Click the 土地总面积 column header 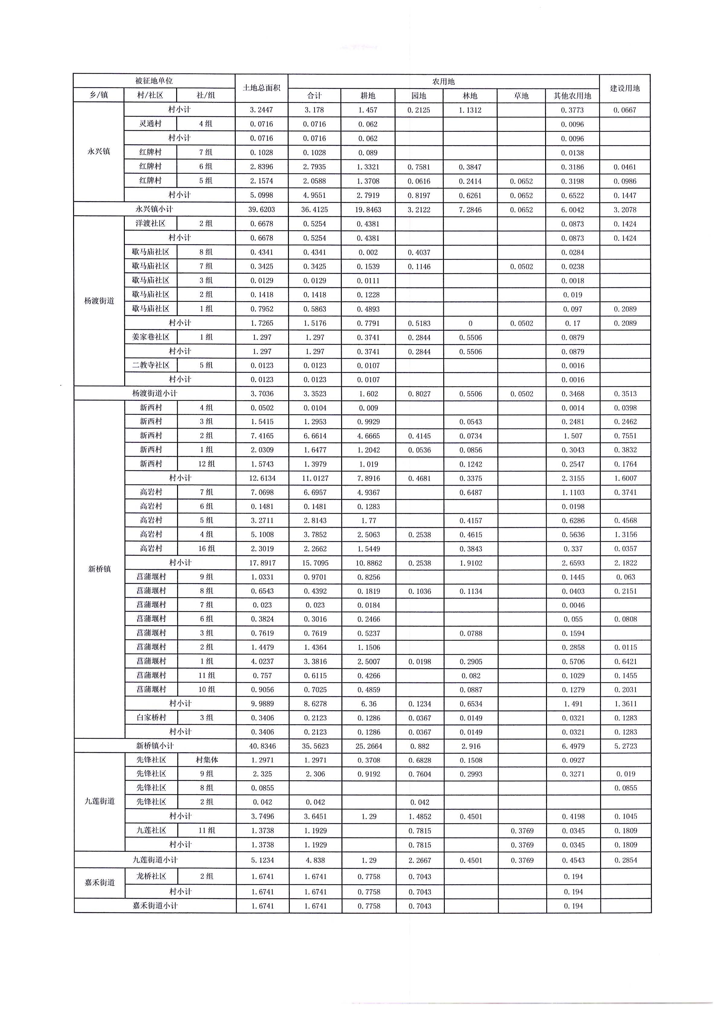261,88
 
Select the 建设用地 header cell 625,88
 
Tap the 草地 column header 521,95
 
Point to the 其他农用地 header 572,95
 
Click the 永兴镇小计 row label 154,209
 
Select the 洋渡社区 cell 150,223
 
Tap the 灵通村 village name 150,124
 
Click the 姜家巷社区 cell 150,337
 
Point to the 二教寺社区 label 150,365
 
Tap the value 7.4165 262,436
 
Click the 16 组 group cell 206,548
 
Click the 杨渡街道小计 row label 154,393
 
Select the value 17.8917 262,563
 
